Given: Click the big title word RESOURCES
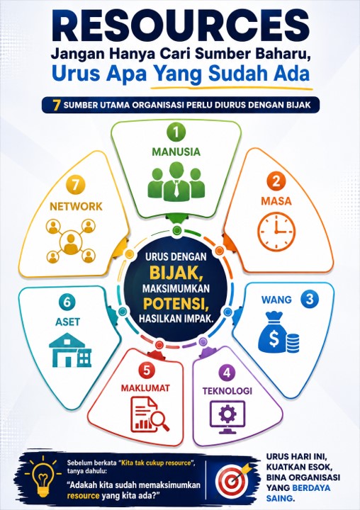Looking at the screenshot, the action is (180, 27).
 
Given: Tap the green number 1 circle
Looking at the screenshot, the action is (176, 132).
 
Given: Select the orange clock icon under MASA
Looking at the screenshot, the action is (276, 232).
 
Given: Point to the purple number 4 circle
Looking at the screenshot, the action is (227, 373).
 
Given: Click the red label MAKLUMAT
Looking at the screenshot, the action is (145, 387).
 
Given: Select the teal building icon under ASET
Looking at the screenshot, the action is (70, 350).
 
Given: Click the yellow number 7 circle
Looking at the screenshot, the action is (76, 185).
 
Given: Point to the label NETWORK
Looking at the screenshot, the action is (76, 206).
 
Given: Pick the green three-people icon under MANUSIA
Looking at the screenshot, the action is (176, 181).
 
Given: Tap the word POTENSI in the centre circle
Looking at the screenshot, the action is (176, 303).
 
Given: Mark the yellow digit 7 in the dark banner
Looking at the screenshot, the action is (57, 106).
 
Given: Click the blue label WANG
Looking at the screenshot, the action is (276, 299).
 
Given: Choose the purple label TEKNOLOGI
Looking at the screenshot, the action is (227, 390).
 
